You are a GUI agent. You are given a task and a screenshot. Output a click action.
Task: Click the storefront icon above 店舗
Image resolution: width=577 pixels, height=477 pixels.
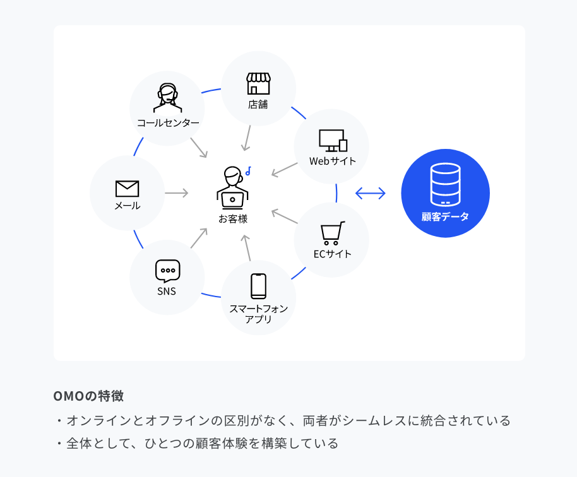coord(258,83)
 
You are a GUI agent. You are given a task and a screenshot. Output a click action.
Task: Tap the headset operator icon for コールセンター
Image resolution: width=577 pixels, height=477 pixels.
coord(167,97)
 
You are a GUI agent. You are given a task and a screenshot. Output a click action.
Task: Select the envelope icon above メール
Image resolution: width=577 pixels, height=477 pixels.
coord(128,189)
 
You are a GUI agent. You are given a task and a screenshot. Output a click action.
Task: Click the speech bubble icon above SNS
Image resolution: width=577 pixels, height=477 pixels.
coord(168,271)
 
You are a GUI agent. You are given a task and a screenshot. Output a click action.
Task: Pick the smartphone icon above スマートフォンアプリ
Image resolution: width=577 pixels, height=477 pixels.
coord(258,286)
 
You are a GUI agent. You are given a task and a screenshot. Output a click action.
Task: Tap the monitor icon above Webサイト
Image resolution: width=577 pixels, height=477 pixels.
coord(333,141)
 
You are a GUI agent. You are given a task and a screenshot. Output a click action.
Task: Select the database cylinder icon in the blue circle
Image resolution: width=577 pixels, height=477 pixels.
coord(445,184)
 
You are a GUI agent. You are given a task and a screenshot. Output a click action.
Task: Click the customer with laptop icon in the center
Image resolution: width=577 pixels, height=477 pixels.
coord(232,188)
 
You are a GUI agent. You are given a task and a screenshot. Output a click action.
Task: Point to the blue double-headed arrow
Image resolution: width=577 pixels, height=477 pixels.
coord(371,193)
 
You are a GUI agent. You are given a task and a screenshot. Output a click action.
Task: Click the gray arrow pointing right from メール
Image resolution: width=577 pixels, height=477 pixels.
coord(177,193)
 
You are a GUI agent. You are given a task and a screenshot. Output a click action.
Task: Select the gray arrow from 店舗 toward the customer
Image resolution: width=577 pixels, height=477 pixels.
coord(247,138)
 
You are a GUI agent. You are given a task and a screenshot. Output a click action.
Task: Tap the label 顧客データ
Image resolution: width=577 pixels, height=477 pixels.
coord(445,216)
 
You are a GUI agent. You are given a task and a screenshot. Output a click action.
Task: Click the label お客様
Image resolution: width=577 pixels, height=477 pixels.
coord(233,219)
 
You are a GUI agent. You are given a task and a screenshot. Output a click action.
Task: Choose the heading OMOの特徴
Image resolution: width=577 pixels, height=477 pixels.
coord(88,396)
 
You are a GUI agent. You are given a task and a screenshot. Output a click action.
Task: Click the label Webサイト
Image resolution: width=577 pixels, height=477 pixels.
coord(333,161)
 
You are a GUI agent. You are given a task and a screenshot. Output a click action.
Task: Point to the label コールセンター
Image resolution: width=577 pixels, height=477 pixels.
coord(168,123)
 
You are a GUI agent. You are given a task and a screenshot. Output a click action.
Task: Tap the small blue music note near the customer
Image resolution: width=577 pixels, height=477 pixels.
coord(248,171)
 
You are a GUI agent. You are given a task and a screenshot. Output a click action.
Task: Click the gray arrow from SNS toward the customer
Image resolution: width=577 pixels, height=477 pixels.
coord(199,238)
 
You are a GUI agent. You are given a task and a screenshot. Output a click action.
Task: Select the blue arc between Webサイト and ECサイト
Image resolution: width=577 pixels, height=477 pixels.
coord(336,193)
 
